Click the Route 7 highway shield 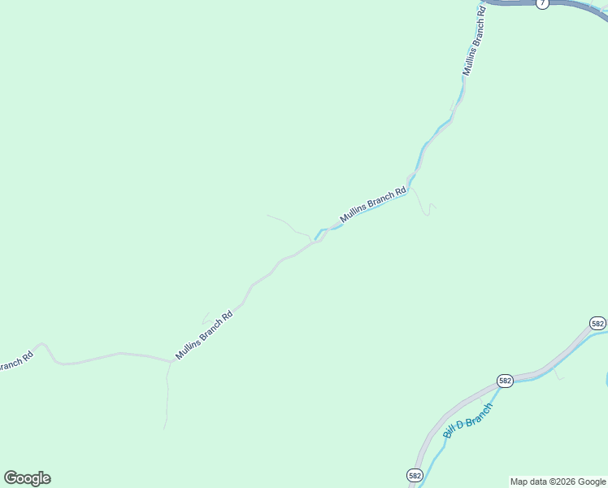(543, 3)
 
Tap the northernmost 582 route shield (598, 323)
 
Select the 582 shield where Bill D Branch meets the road (505, 380)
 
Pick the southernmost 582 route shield (415, 474)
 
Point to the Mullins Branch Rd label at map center (372, 205)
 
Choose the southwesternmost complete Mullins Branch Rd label (204, 333)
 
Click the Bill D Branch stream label (468, 420)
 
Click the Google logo (27, 478)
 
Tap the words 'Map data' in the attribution (528, 481)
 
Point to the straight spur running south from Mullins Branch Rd (167, 399)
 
